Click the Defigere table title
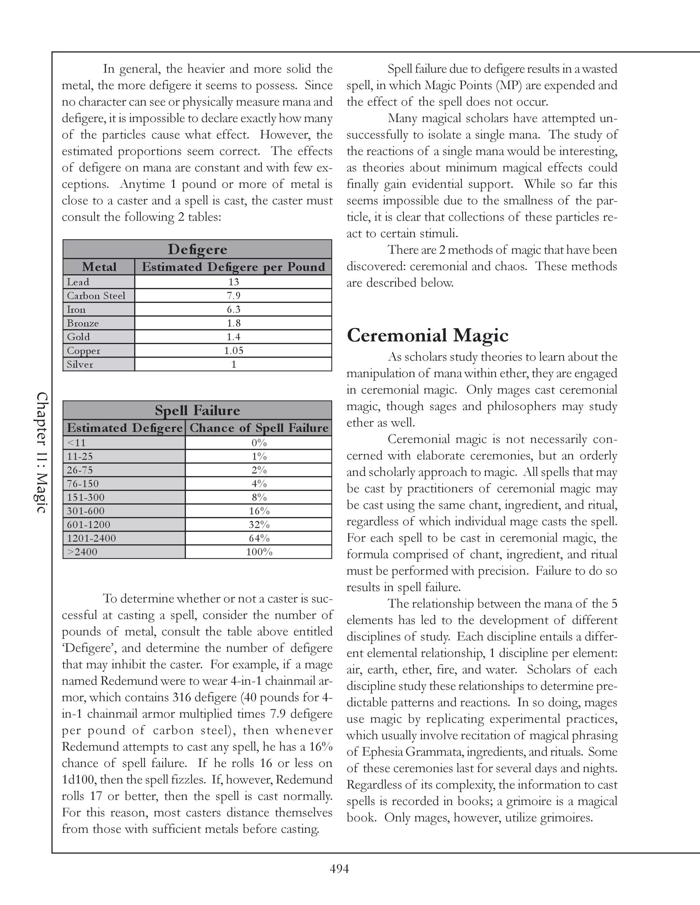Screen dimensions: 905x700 (198, 249)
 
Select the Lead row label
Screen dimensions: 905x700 (78, 282)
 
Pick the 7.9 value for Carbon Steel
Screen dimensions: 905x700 (233, 296)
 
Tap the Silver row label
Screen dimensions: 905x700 (80, 365)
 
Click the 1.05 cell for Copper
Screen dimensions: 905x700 (233, 351)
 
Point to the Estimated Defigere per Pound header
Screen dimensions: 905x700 (233, 267)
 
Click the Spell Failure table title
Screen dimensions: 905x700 (198, 410)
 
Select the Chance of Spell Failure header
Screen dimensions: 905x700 (259, 428)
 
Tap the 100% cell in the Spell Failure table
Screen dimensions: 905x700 (259, 552)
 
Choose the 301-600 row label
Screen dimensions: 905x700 (86, 511)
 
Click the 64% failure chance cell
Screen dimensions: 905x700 (259, 538)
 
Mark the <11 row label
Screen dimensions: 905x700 (76, 443)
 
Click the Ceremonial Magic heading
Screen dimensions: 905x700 (427, 335)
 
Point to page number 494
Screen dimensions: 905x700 (339, 868)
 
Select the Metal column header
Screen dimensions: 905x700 (99, 267)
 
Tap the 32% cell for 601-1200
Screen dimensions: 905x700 (259, 525)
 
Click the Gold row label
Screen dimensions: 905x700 (78, 337)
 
